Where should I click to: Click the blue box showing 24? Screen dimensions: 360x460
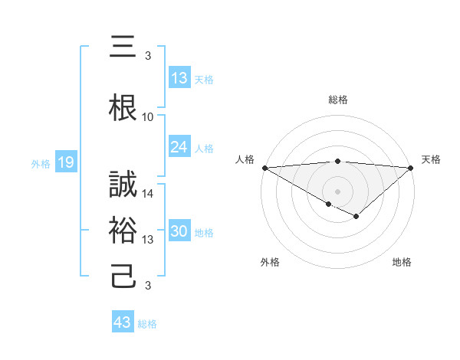[179, 148]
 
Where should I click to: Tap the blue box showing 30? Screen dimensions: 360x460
[179, 232]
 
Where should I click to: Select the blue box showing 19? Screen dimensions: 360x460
[65, 162]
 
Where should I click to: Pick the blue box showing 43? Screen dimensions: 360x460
[123, 322]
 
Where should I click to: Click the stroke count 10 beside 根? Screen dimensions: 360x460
[148, 117]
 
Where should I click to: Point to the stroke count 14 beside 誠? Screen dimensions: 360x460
[148, 194]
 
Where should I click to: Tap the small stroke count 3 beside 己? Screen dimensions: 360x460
[148, 286]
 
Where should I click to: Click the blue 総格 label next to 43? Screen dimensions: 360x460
[147, 323]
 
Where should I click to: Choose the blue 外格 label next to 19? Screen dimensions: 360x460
[40, 163]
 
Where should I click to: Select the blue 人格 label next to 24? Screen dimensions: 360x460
[204, 149]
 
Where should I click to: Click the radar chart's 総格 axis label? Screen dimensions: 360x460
[337, 100]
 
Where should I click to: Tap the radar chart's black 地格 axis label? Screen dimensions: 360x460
[402, 262]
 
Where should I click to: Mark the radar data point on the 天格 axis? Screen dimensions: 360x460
[411, 168]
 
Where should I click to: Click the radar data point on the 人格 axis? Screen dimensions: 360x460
[264, 168]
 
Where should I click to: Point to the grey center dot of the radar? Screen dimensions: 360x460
[337, 191]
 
